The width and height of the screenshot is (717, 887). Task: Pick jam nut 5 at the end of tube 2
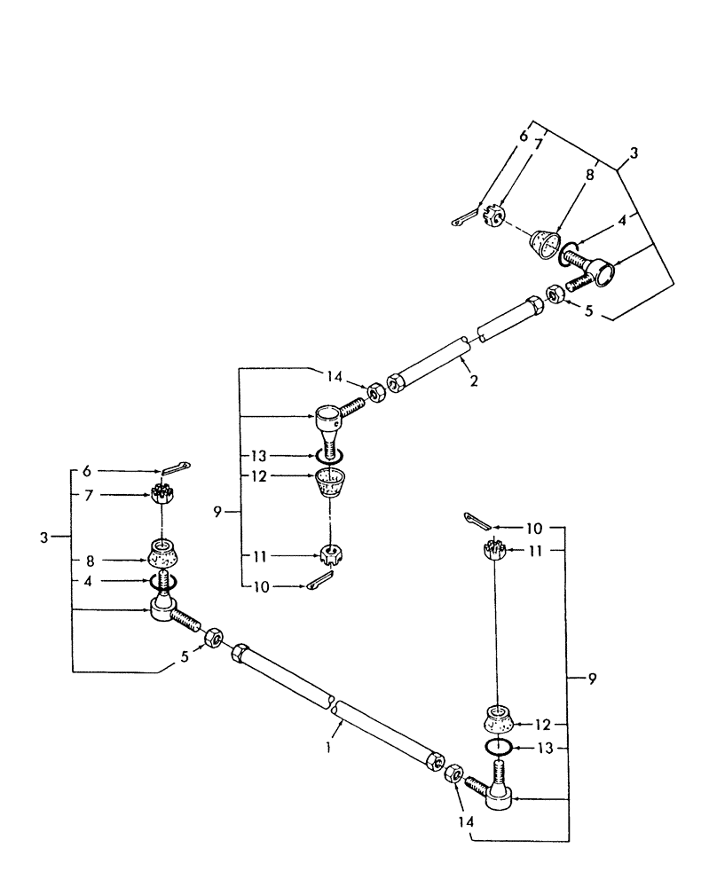coord(552,294)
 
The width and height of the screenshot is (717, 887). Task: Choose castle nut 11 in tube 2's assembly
coord(332,556)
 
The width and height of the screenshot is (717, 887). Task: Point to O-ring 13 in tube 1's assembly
coord(500,747)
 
